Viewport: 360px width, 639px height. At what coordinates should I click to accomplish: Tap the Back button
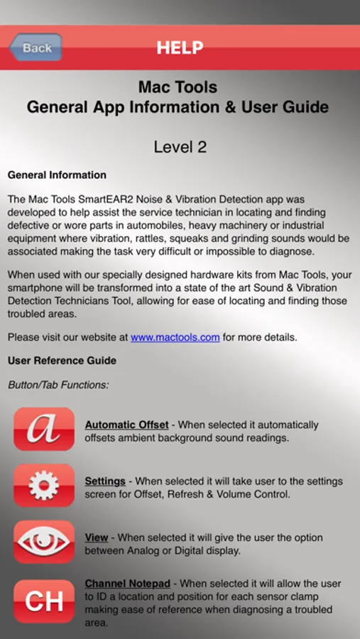(x=36, y=48)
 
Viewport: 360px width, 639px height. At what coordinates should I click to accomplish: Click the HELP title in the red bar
(x=180, y=48)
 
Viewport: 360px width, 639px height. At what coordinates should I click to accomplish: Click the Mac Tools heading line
(x=178, y=87)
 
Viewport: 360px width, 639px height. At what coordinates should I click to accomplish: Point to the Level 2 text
(x=180, y=147)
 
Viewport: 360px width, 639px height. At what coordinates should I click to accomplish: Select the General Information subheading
(x=57, y=175)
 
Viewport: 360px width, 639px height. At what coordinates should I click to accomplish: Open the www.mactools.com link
(x=175, y=337)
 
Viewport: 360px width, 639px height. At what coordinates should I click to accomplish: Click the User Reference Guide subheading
(x=62, y=361)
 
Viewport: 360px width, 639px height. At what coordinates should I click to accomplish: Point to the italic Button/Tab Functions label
(x=58, y=385)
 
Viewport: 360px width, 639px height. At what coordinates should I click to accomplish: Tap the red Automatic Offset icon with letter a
(x=44, y=429)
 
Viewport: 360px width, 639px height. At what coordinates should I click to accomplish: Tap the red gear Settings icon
(x=44, y=486)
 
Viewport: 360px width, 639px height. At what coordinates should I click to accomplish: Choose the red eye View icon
(x=44, y=542)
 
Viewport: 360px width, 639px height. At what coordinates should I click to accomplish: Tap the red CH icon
(x=44, y=601)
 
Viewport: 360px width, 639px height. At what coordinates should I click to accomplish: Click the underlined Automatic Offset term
(x=126, y=425)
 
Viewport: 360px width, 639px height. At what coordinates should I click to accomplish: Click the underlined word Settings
(x=105, y=481)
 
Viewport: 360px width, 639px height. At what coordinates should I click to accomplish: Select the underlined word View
(x=97, y=538)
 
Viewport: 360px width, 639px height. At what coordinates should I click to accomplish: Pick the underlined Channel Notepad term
(x=128, y=584)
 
